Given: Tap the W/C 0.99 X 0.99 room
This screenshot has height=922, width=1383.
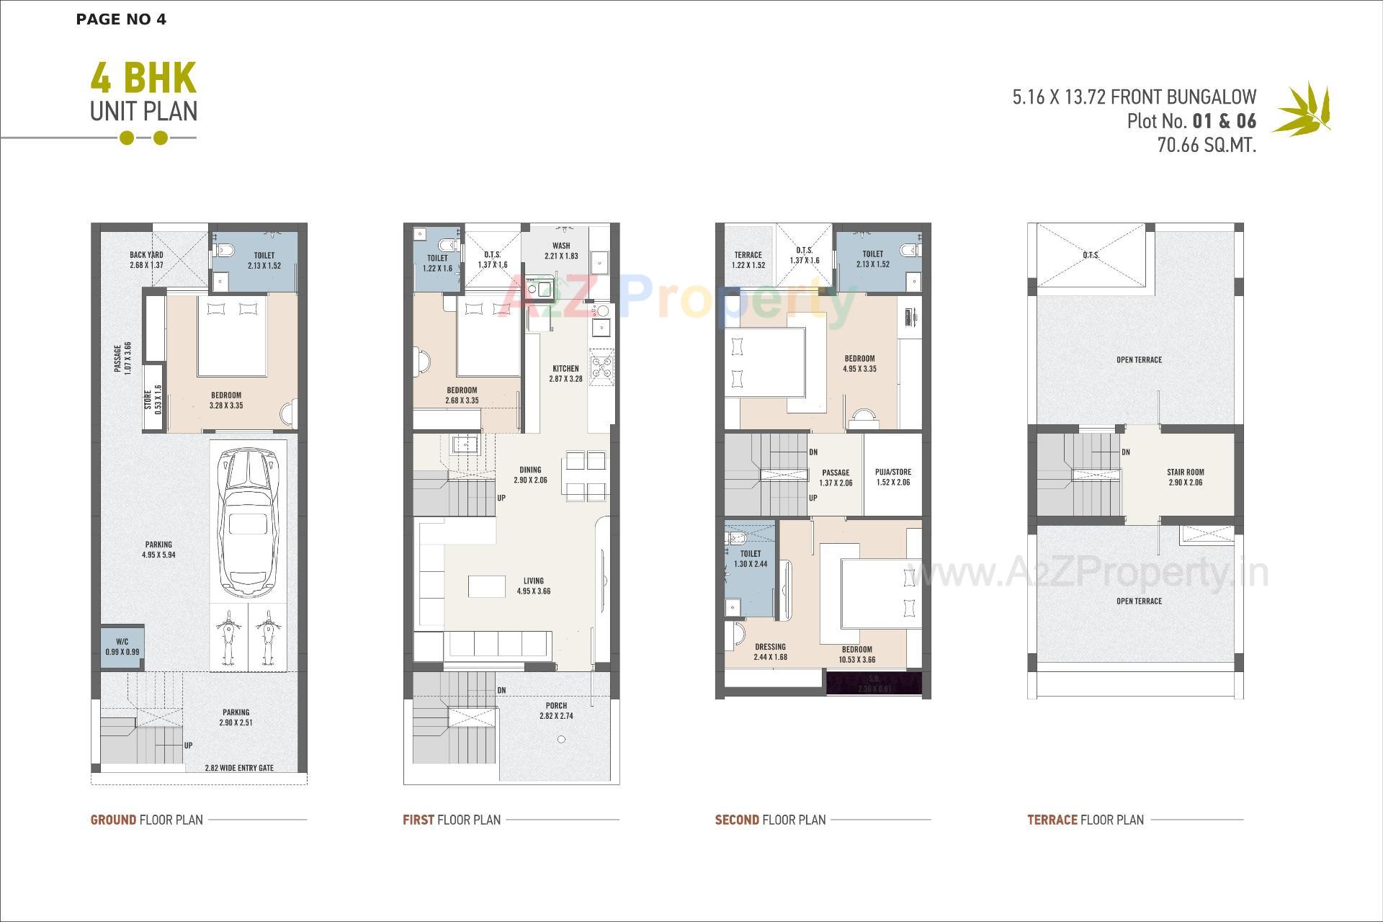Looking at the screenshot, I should (x=122, y=646).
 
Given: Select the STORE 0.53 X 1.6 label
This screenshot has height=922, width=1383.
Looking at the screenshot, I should (x=153, y=400).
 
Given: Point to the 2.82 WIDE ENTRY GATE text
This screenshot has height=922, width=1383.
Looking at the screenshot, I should (x=239, y=768).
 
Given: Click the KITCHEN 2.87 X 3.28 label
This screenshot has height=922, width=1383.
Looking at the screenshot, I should (x=565, y=373).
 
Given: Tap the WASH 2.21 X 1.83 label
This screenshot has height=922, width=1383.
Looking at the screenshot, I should (x=561, y=251).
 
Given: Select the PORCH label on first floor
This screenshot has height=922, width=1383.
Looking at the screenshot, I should (x=556, y=711).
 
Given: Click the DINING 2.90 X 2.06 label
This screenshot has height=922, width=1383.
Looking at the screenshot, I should (x=530, y=475).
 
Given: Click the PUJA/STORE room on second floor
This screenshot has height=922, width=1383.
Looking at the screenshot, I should (x=893, y=477).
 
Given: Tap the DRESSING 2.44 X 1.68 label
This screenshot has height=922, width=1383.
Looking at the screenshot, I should (x=770, y=652).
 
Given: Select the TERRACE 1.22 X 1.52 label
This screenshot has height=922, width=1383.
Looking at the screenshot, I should (x=748, y=259).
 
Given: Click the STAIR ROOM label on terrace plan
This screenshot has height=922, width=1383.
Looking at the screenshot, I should (x=1186, y=478).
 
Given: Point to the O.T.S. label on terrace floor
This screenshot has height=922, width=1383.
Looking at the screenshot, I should (x=1091, y=255).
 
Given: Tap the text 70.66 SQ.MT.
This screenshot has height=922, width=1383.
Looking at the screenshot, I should (x=1207, y=145).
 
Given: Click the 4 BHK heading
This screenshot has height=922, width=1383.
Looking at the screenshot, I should (x=143, y=79).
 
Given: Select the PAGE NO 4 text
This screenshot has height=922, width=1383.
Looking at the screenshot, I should (x=121, y=19).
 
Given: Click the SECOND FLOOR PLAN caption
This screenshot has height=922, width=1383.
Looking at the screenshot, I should (x=770, y=820).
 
